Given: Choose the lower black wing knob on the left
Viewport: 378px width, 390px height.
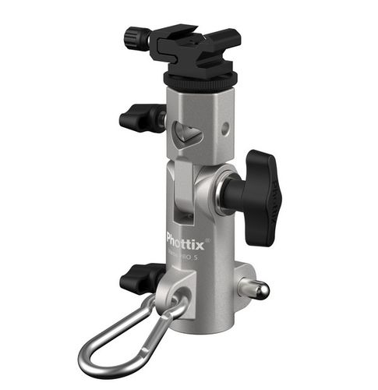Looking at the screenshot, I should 140,278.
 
